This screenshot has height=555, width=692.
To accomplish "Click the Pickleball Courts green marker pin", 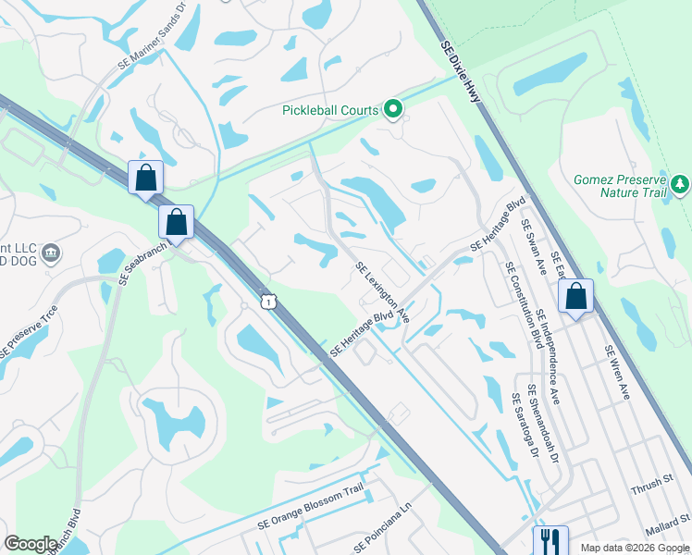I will point(393,110).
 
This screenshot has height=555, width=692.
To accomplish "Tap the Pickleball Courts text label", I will point(331,110).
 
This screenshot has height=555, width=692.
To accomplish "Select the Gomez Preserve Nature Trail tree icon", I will point(681,184).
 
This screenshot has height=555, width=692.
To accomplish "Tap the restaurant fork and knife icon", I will point(550,539).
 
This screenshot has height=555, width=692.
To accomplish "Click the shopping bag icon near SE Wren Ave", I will point(575,296).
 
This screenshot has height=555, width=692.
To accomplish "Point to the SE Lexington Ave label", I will point(383,291).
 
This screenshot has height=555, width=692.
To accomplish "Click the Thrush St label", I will point(653,483).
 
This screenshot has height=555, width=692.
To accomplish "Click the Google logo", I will point(31,544).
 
